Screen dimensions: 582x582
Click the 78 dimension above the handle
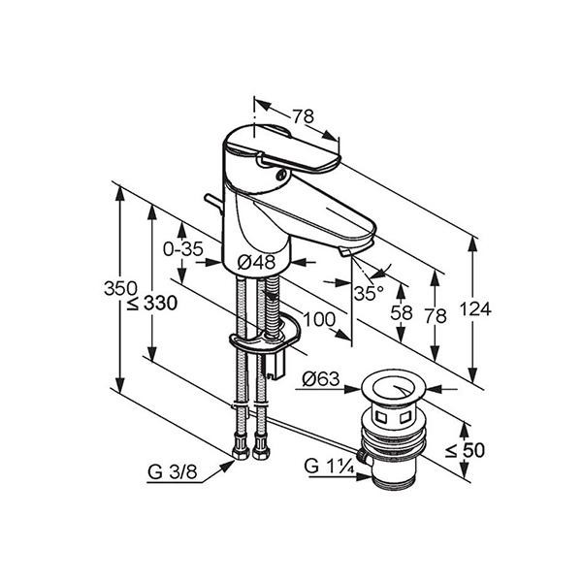point(303,116)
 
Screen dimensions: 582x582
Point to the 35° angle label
point(368,292)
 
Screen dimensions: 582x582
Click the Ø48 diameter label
point(256,262)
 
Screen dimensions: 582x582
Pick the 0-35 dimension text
point(182,248)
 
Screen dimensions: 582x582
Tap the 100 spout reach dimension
point(317,319)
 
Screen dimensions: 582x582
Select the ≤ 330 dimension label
point(152,303)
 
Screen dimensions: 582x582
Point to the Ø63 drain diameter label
point(320,380)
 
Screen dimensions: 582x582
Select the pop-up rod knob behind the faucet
point(208,201)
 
